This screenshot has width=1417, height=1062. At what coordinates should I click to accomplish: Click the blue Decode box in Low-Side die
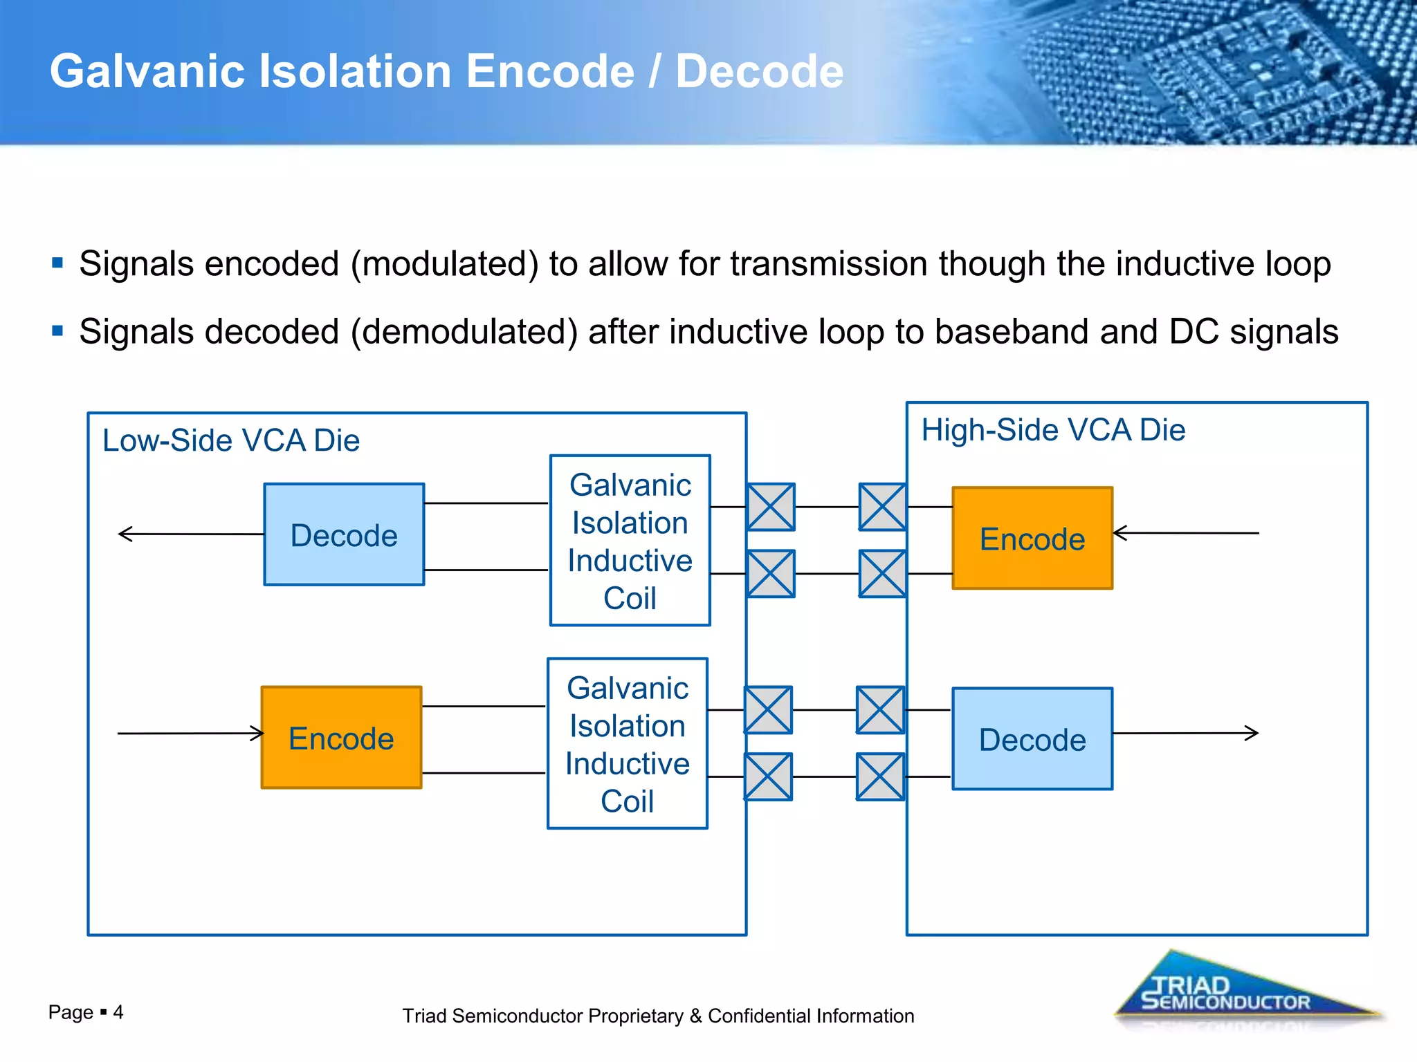click(x=344, y=534)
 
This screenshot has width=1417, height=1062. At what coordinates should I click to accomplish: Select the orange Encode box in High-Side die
click(x=1032, y=538)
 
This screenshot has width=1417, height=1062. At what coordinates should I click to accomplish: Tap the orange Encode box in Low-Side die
click(x=341, y=738)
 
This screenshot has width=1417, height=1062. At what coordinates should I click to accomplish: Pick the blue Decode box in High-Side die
click(x=1032, y=739)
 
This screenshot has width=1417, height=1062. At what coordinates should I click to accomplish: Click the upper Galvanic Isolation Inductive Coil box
click(x=630, y=541)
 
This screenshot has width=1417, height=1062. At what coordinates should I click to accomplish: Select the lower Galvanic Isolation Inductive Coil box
click(x=627, y=743)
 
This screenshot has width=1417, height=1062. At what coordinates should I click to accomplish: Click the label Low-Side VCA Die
click(x=231, y=440)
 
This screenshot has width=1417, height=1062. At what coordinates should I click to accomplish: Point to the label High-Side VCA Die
click(x=1053, y=430)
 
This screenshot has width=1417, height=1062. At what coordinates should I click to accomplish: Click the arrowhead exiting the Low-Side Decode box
click(x=124, y=534)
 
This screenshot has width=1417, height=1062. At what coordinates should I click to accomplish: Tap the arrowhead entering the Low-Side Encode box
click(x=259, y=733)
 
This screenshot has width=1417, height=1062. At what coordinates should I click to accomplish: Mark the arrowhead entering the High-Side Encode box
click(x=1119, y=533)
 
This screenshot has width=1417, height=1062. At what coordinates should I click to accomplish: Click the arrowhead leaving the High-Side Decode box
click(x=1253, y=733)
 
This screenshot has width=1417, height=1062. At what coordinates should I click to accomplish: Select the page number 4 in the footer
click(x=118, y=1012)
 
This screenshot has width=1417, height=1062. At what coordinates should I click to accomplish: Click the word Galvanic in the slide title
click(x=147, y=71)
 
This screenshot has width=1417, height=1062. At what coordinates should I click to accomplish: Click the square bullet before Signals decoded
click(x=57, y=330)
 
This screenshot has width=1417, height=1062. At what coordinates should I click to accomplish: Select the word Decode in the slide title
click(x=759, y=71)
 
